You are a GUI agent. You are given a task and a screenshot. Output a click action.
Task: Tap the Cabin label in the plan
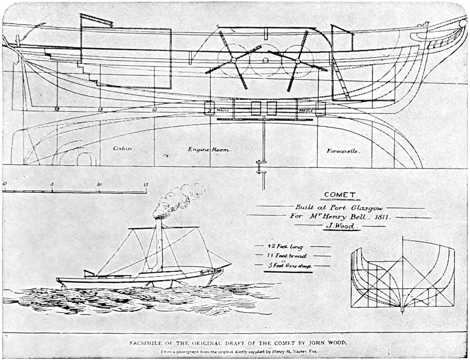(x=122, y=148)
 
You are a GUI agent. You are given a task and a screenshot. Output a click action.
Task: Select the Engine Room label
(x=208, y=150)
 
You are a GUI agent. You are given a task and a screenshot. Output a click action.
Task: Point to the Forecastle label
(x=343, y=151)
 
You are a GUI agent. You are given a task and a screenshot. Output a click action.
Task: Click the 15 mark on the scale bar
(x=146, y=184)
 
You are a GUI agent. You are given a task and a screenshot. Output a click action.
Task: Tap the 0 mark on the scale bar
(x=4, y=184)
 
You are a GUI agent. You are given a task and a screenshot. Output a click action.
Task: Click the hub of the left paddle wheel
(x=233, y=60)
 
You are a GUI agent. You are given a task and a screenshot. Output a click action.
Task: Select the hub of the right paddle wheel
(x=298, y=61)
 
